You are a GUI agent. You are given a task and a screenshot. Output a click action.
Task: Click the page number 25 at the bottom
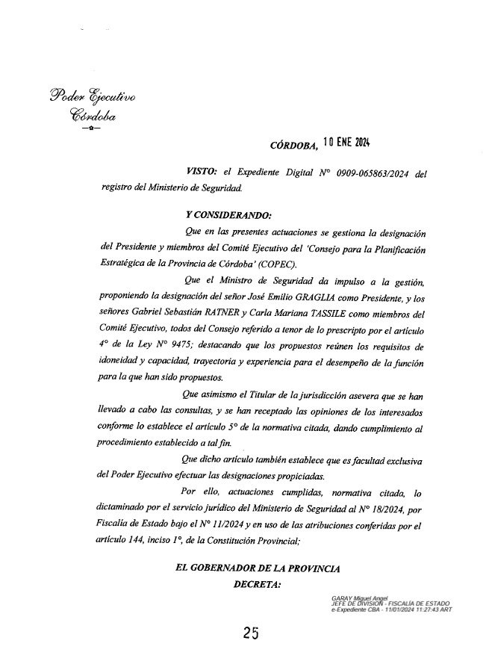250,633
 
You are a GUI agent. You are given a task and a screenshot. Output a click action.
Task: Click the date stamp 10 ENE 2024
348,143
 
